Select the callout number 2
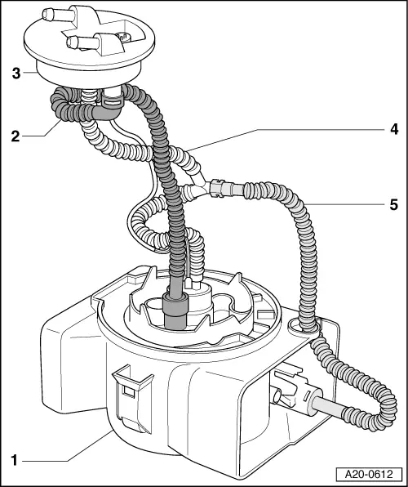point(14,136)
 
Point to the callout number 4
point(392,128)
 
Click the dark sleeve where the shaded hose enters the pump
point(175,311)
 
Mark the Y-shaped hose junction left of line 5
point(194,190)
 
